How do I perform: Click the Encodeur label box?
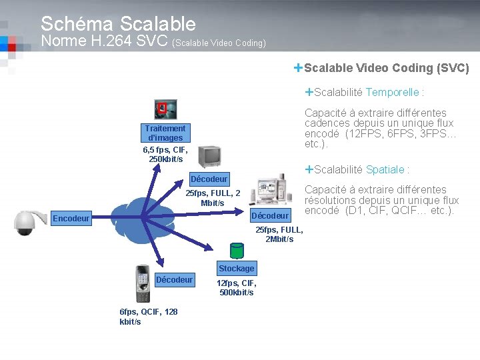click(x=71, y=218)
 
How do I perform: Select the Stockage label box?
click(x=236, y=268)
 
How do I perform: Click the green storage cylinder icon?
click(x=236, y=250)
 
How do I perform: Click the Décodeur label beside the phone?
click(x=175, y=279)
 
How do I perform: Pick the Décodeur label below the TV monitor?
click(x=209, y=179)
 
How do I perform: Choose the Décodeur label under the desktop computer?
click(x=270, y=215)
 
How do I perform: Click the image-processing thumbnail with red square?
click(x=165, y=109)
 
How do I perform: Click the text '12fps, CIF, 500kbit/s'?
click(x=237, y=288)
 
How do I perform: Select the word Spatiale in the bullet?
click(x=385, y=169)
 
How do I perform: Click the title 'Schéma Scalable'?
click(x=118, y=24)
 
